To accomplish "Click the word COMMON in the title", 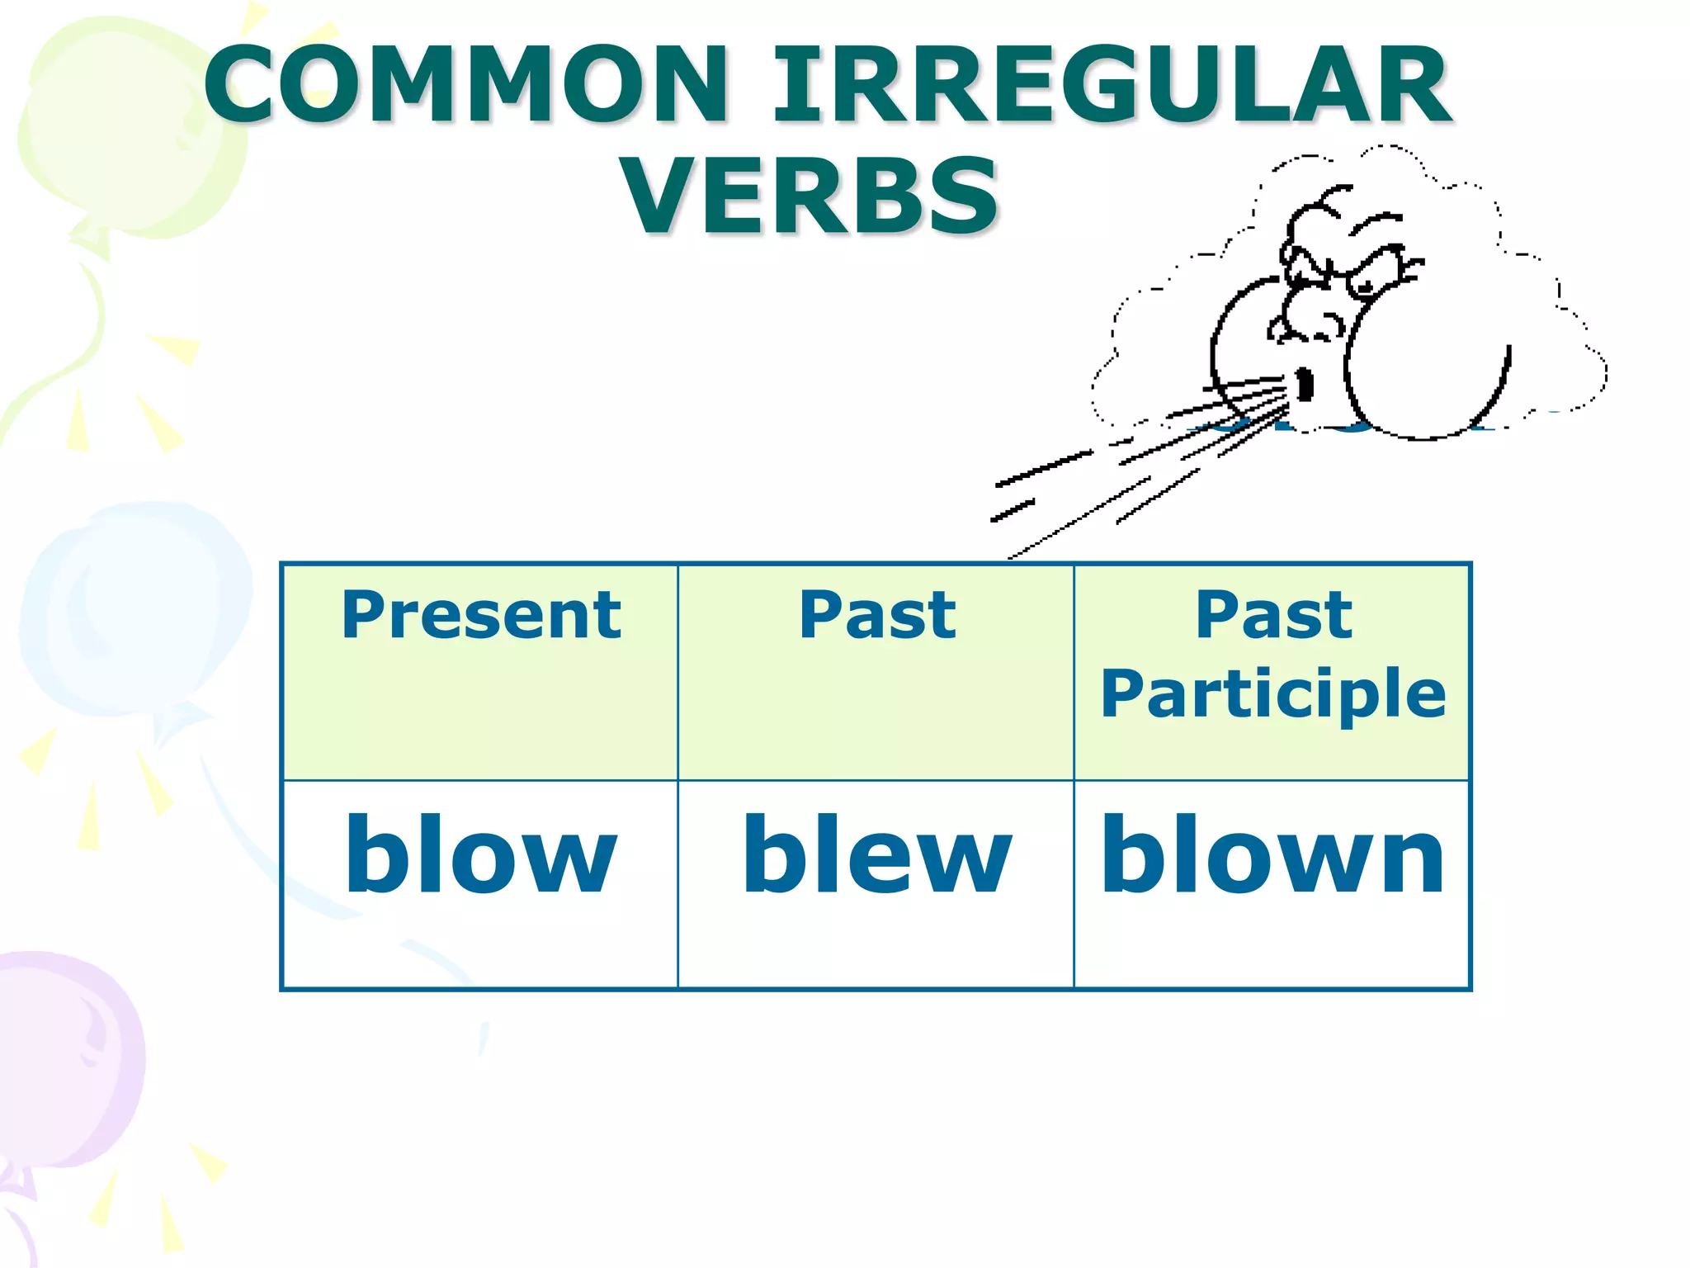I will [466, 85].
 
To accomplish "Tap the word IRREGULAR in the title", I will [1110, 85].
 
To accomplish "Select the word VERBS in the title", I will [810, 196].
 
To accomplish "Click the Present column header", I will [481, 616].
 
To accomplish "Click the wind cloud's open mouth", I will [1305, 385].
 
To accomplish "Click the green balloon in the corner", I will [124, 132].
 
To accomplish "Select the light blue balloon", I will [132, 611].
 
